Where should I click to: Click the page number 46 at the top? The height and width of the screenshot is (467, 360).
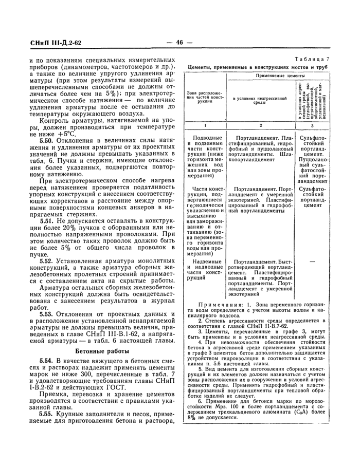[179, 43]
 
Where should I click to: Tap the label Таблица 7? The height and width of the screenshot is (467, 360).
[312, 60]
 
